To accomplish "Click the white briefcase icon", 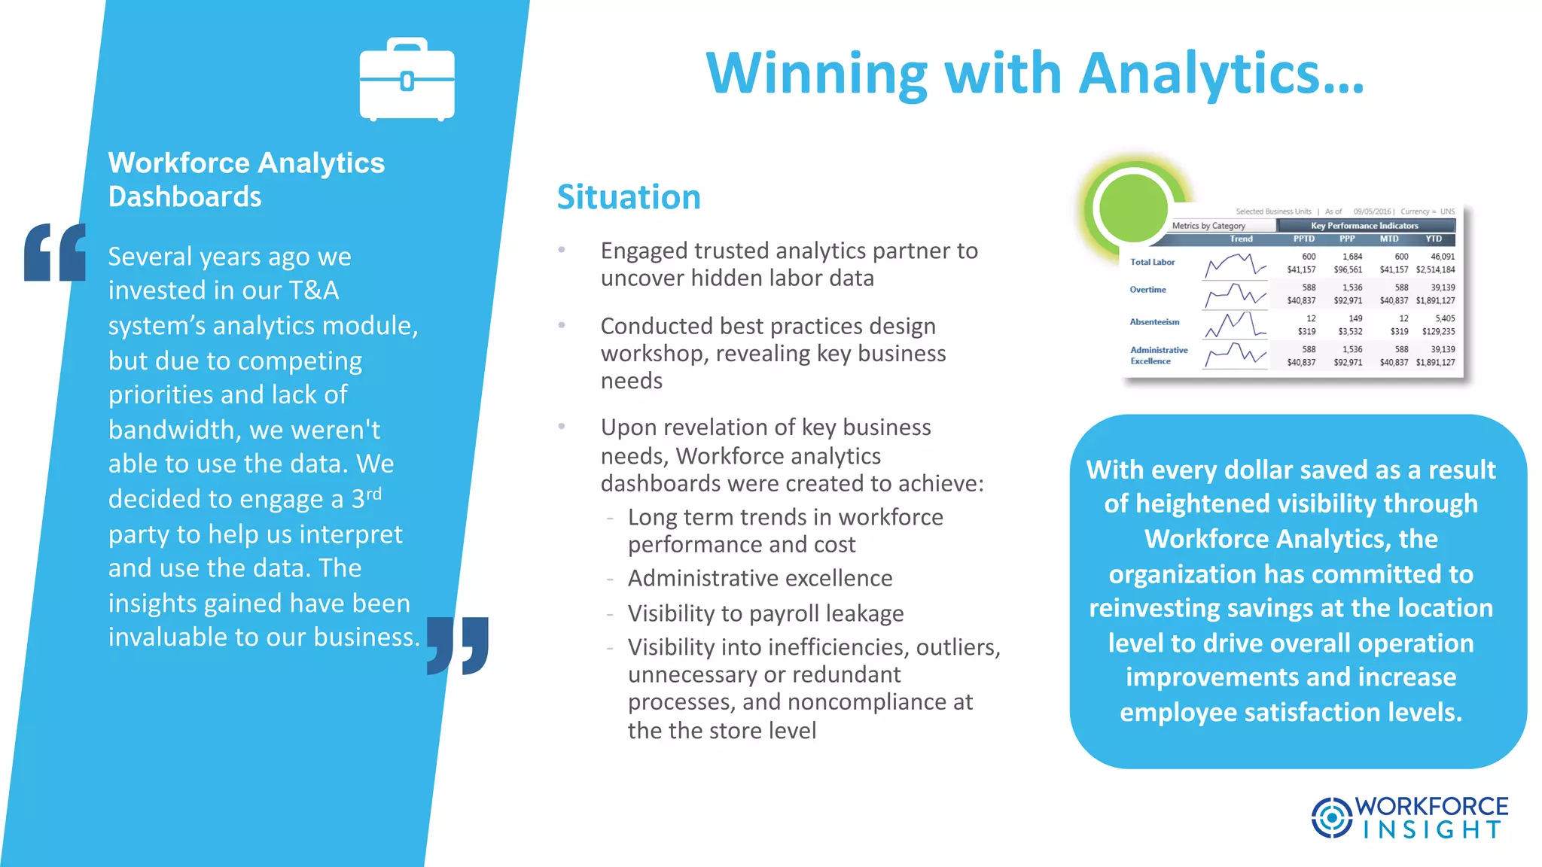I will coord(407,80).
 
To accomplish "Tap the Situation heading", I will coord(629,197).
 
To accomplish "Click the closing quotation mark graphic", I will coord(458,645).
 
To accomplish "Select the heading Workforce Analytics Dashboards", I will coord(246,179).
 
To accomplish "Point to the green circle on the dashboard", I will coord(1132,208).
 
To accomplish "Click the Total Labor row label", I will coord(1152,262).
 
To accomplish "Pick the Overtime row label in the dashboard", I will coord(1147,290).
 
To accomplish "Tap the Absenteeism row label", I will coord(1154,322).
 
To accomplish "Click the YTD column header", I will coord(1434,239).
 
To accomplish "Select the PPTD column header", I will coord(1303,239).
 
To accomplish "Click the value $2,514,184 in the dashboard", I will coord(1435,269).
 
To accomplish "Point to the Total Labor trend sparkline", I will coord(1235,266).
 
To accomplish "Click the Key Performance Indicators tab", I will coord(1364,226).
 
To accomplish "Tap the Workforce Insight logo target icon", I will coord(1331,817).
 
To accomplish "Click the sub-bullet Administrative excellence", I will coord(760,578).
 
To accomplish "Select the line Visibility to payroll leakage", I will coord(766,613).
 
